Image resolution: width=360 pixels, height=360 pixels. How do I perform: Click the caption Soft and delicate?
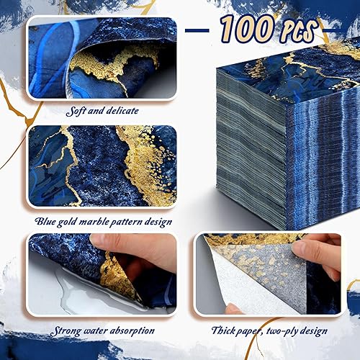pos(101,112)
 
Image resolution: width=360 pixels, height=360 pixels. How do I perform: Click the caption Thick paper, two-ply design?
pos(270,331)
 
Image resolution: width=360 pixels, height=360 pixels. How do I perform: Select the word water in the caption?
pos(92,331)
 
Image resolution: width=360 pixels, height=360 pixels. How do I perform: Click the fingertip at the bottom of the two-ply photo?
pos(235,310)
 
